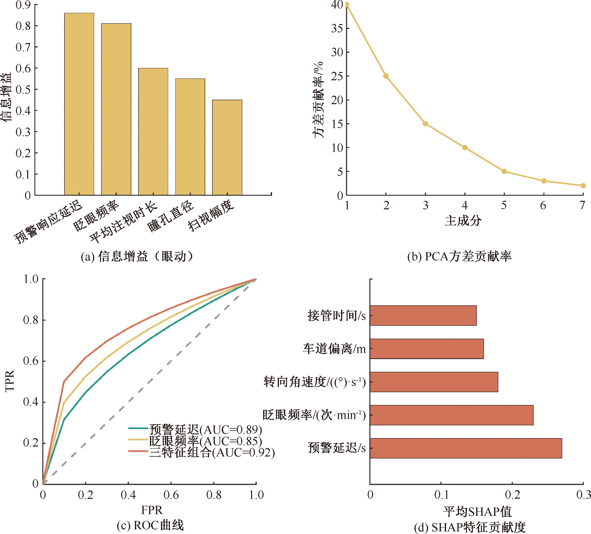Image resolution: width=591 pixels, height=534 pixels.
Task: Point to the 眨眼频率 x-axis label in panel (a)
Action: coord(96,215)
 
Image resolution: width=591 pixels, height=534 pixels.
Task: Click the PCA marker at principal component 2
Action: coord(386,76)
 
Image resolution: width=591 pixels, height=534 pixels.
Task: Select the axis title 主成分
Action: coord(463,220)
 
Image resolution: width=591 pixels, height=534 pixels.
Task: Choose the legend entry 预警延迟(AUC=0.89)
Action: coord(205,429)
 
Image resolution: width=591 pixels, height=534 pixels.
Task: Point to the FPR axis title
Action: coord(151,510)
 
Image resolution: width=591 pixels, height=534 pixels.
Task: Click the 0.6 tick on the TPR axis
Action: coord(31,361)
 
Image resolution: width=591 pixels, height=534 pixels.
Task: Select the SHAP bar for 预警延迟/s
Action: coord(466,448)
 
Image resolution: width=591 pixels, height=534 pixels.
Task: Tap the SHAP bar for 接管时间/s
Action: coord(423,315)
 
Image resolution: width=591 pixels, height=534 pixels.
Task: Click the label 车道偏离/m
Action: coord(334,349)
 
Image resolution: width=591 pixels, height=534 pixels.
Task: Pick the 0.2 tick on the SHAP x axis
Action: coord(512,495)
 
